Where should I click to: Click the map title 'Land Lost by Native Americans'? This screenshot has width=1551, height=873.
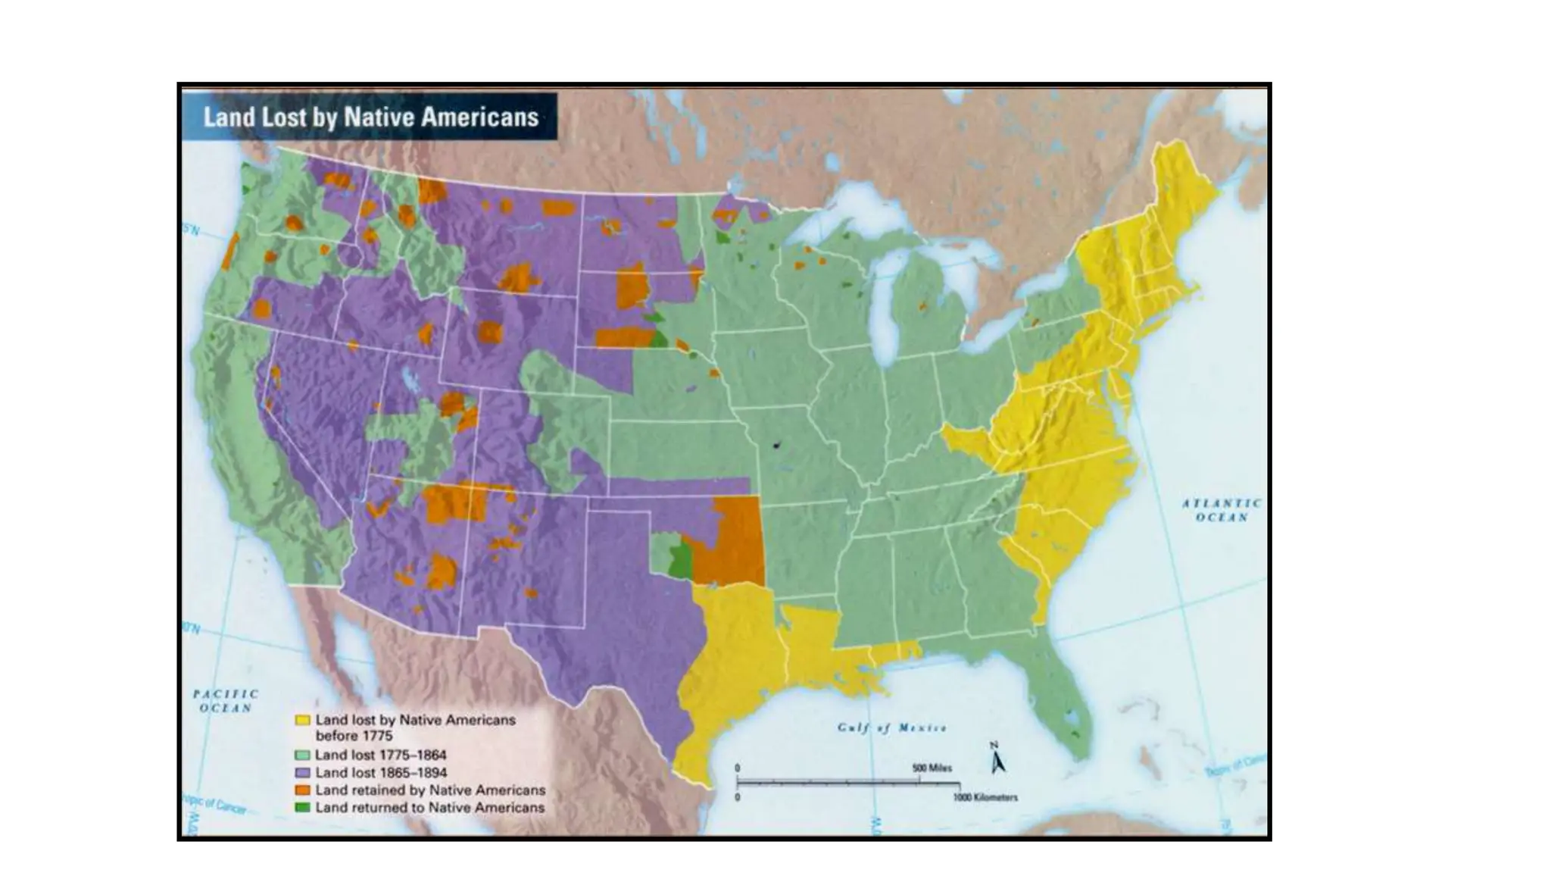(370, 117)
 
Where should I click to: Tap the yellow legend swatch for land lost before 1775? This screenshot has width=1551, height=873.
(302, 720)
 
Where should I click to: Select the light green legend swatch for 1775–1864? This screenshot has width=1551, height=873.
(302, 756)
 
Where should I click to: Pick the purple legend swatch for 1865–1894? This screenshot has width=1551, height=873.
(302, 773)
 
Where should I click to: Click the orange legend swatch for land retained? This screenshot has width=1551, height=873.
(302, 790)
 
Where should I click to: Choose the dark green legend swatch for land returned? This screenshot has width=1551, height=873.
(302, 808)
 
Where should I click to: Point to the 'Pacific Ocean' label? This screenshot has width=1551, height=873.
(225, 701)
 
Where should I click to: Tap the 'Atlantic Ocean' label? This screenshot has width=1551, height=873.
(1222, 510)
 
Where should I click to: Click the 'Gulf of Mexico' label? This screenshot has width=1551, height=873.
(891, 728)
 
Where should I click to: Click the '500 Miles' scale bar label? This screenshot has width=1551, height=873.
(932, 768)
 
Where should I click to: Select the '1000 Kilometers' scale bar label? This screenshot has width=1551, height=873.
(985, 797)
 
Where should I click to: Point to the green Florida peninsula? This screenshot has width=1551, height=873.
(1060, 697)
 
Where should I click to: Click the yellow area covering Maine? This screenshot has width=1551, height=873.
(1181, 189)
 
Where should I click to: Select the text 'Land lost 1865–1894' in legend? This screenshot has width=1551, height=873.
(380, 773)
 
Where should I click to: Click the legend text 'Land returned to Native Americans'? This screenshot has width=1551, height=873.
(429, 808)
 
